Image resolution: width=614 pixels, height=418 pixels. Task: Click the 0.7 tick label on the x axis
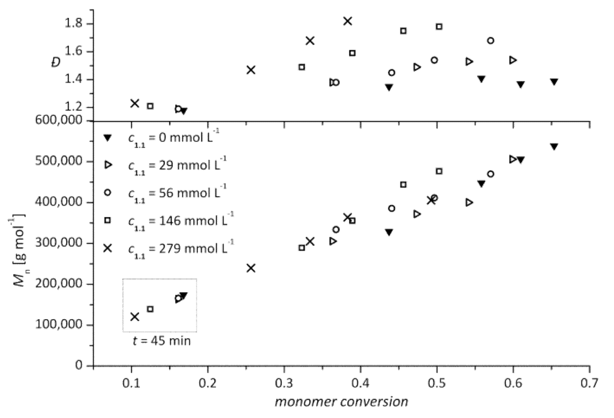589,382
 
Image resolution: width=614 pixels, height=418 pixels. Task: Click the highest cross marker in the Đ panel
348,21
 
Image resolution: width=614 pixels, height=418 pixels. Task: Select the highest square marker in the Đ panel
440,26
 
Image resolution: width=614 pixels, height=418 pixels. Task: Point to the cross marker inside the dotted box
135,317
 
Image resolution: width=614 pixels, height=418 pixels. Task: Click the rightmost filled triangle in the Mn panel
554,146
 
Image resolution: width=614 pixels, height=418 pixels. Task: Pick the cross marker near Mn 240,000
251,267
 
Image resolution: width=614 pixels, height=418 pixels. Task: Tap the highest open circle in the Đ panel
490,41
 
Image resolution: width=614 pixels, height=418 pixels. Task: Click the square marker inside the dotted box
151,309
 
